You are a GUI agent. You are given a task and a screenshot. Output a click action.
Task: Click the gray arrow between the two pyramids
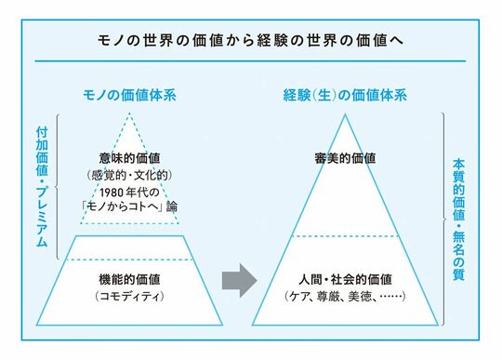click(240, 281)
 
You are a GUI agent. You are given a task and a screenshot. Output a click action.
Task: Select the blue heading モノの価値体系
click(129, 95)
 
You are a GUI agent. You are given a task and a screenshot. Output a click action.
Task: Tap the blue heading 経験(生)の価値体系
click(345, 95)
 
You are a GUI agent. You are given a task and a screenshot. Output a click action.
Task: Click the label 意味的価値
click(129, 158)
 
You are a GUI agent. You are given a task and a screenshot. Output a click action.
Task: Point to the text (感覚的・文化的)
click(129, 175)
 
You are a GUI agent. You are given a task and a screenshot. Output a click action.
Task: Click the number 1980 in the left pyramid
click(112, 193)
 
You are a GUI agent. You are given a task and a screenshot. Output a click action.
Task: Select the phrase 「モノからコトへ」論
click(129, 207)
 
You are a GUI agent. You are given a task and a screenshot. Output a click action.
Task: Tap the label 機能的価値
click(129, 279)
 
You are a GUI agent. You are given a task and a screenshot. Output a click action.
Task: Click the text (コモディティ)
click(129, 296)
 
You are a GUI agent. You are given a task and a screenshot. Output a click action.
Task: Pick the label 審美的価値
click(345, 158)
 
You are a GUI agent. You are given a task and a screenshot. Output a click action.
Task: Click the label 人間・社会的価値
click(345, 279)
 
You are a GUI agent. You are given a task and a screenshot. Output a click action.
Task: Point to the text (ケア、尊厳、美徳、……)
click(345, 296)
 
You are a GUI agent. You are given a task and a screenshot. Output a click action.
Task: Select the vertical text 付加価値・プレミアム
click(42, 187)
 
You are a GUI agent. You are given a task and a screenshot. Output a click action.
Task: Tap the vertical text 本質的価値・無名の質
click(458, 220)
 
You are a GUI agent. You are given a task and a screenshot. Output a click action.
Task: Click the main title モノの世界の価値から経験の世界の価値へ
click(250, 41)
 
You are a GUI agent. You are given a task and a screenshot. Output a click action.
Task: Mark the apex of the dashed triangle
click(129, 113)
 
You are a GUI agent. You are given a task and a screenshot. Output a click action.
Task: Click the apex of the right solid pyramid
click(345, 114)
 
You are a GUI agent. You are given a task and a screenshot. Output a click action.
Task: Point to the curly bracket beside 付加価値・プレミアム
click(58, 187)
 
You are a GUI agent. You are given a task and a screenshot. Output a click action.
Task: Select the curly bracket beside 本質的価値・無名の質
click(443, 220)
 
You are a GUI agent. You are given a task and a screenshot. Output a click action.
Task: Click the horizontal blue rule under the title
click(250, 60)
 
